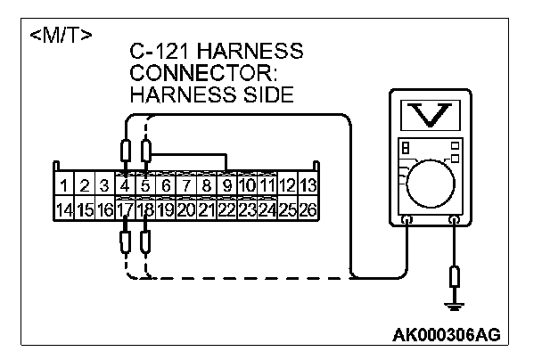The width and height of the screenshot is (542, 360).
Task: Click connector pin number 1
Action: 65,186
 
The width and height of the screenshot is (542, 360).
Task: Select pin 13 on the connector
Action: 308,186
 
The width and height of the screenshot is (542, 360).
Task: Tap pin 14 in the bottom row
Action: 65,211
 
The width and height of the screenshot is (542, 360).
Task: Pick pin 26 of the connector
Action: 308,211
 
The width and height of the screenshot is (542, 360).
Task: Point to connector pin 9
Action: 227,186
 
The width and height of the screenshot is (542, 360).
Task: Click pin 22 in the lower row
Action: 226,211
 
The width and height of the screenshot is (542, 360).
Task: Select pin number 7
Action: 186,186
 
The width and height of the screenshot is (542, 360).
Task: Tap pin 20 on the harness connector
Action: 185,211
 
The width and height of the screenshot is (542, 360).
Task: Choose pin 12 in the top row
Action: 287,186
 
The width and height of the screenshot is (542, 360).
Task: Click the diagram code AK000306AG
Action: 446,335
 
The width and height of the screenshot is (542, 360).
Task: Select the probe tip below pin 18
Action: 145,241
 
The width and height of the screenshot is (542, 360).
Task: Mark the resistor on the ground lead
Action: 456,275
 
